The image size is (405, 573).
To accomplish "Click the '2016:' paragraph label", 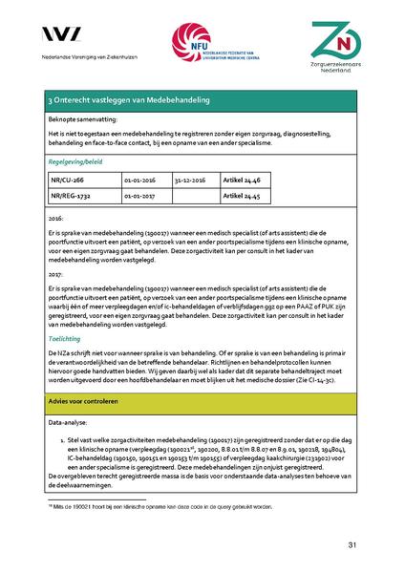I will pos(56,219).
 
